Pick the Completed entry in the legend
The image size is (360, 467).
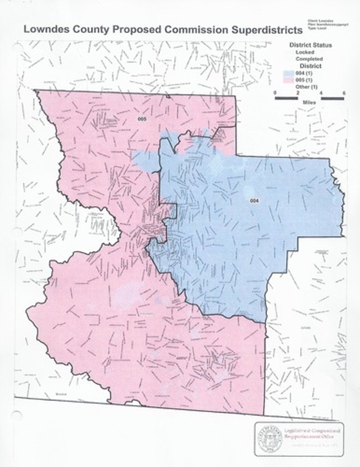(309, 59)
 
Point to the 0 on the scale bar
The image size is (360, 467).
(275, 93)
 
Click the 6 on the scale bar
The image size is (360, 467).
(344, 93)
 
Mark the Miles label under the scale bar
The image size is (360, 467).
(309, 103)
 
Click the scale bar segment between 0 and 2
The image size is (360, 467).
(286, 98)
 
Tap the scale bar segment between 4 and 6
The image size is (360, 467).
(332, 98)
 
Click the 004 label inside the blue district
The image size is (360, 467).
(254, 200)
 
